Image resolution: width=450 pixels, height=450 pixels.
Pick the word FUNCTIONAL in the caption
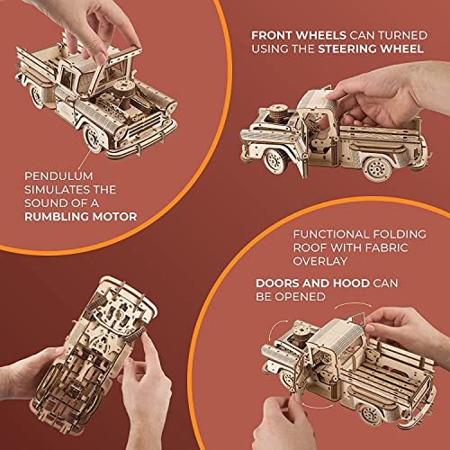pyautogui.click(x=328, y=231)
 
